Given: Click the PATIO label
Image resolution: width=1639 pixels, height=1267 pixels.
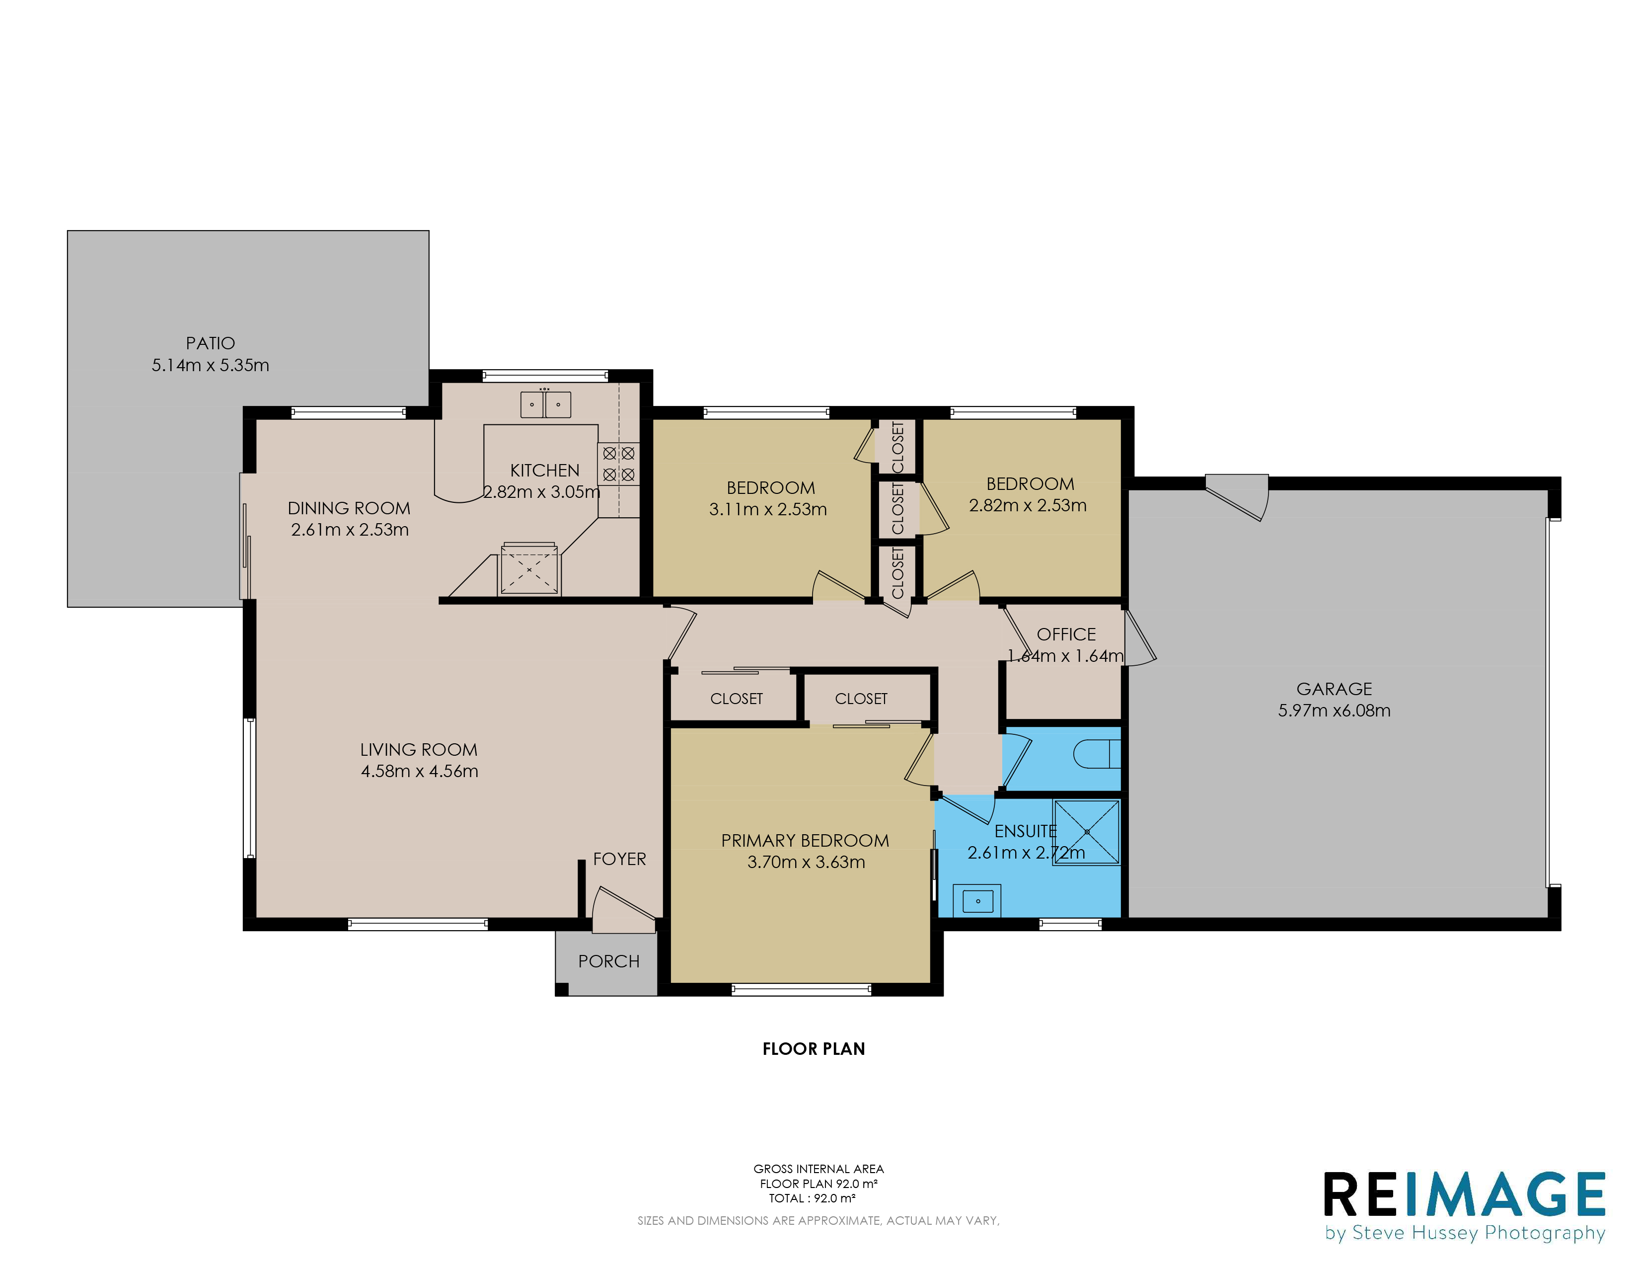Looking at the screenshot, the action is pos(210,343).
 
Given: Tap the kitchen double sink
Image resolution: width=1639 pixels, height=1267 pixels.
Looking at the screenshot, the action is pos(545,404).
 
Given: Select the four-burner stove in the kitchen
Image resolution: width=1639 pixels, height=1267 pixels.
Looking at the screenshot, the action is pos(618,464).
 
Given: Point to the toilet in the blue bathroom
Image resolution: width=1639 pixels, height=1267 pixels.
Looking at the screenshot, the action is pos(1097,754).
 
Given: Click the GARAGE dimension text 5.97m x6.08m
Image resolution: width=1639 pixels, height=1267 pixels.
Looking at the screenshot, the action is pos(1335,710).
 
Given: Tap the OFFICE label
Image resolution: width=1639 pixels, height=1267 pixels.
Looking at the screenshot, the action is pos(1066,634).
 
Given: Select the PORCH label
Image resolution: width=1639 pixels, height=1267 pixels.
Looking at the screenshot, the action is pos(608,961).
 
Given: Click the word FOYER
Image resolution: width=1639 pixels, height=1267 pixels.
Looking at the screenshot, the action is pos(619,859).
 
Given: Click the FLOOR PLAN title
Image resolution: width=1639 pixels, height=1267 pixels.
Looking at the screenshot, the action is pos(814,1048).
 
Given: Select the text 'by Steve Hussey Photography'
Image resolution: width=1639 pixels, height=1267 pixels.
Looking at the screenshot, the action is pos(1465,1233).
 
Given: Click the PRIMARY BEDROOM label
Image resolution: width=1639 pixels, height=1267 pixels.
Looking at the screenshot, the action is pos(805,841).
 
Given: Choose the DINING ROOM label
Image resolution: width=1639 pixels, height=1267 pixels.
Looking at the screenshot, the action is pos(349,508).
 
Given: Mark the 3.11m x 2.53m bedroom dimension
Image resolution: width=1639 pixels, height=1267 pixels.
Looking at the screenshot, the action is pos(768,509).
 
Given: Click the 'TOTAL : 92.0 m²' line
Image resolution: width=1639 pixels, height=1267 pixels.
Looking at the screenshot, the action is pos(812,1198).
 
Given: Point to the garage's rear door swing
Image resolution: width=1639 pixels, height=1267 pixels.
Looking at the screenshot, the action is pos(1237,497).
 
